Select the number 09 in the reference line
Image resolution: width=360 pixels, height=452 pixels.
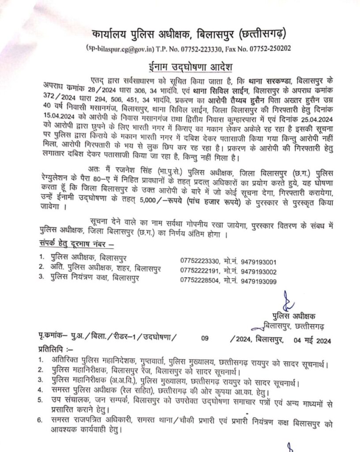[x=204, y=339]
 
